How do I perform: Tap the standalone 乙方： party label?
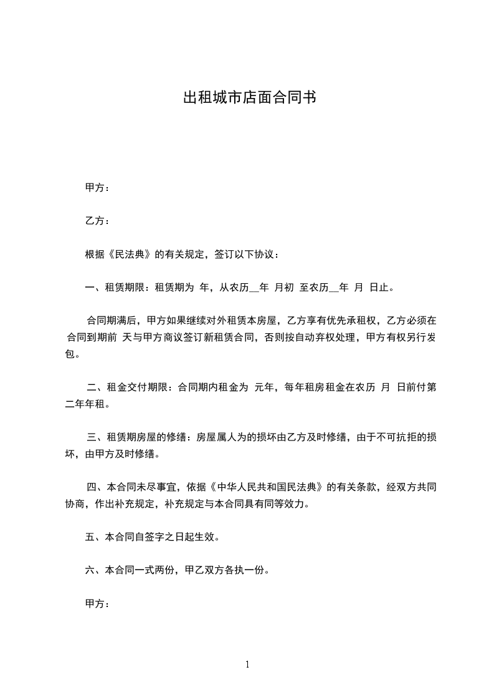(97, 221)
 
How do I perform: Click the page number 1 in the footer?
(247, 664)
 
